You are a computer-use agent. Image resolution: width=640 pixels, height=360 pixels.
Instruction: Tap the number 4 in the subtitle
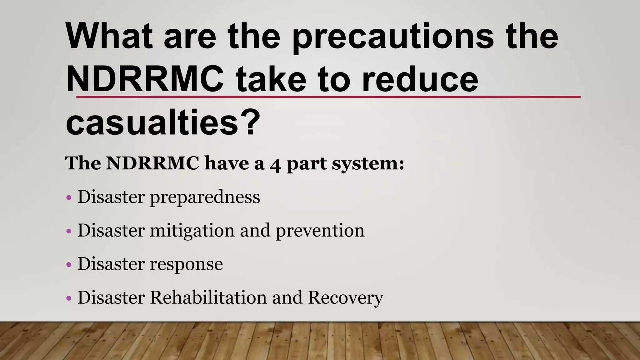click(x=275, y=164)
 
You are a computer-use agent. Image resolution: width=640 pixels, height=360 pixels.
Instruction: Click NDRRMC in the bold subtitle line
click(x=152, y=163)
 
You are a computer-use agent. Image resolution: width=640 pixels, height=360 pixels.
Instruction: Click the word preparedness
click(x=205, y=197)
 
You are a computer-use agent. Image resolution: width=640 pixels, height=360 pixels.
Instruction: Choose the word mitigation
click(x=192, y=231)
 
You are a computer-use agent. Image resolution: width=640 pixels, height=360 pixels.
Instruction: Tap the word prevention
click(x=320, y=231)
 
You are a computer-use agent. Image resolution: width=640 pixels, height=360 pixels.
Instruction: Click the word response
click(x=187, y=265)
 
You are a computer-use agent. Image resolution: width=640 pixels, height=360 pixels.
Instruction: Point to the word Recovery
click(x=346, y=298)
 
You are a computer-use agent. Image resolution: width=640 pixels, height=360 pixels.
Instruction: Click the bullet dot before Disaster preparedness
click(x=69, y=198)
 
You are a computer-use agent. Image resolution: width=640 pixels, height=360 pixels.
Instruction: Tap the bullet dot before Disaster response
click(x=69, y=265)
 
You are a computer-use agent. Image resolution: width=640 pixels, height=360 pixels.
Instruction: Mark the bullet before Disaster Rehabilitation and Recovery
click(x=69, y=299)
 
